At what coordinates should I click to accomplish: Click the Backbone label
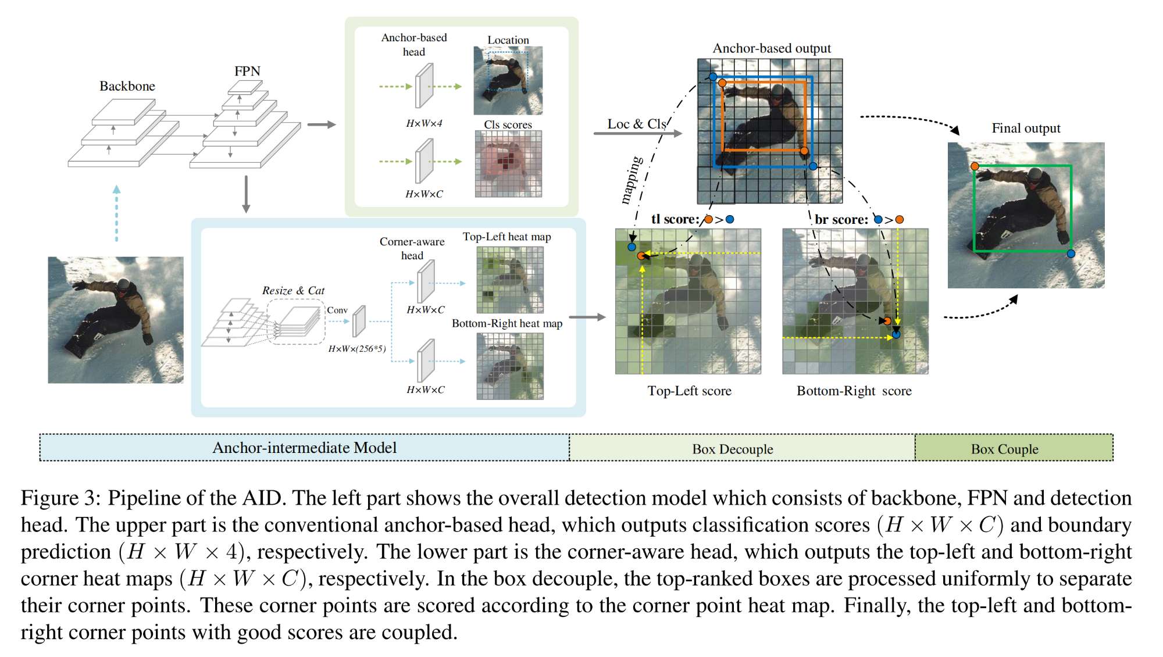127,86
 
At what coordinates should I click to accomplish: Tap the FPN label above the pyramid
247,71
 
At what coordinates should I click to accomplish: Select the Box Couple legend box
1014,448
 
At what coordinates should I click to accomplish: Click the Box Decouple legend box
741,448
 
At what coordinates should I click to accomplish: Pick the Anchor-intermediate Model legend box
304,448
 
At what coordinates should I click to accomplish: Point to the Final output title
1026,128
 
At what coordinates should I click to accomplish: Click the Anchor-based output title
772,48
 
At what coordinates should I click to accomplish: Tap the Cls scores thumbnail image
508,163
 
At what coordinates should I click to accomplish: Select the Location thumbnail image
508,80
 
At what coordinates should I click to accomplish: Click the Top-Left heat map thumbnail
510,280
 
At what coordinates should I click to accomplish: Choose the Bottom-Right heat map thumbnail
510,366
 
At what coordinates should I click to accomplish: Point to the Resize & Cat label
293,290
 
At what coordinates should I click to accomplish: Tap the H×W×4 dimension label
424,123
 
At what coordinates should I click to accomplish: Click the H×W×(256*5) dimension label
357,349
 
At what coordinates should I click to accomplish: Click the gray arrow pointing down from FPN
246,194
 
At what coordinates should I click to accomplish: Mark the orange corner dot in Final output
975,166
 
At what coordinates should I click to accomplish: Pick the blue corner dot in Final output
1071,253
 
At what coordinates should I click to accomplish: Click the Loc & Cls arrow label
636,124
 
